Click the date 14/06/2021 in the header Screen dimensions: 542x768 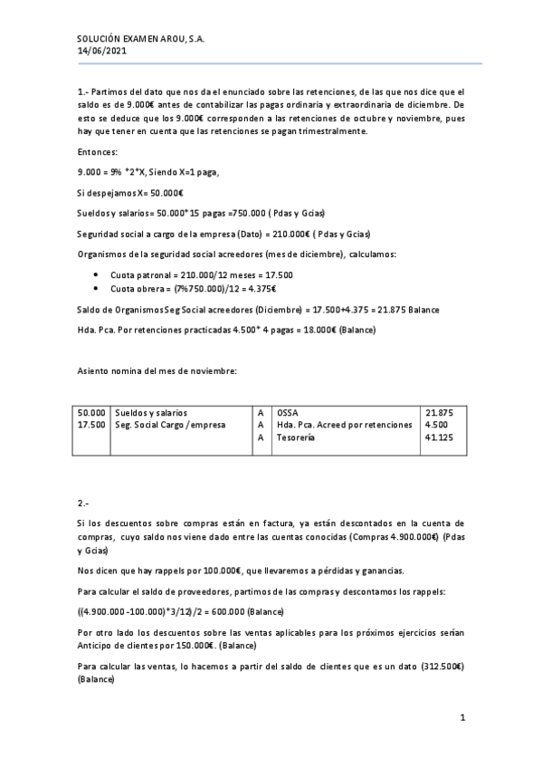(x=99, y=52)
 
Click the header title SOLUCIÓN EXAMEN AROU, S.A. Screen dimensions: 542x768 (x=140, y=39)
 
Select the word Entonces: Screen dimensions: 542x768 (x=98, y=151)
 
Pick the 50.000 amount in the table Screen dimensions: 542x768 (x=92, y=412)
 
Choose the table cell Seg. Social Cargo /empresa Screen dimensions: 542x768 (x=170, y=424)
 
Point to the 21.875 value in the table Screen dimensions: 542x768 (x=439, y=412)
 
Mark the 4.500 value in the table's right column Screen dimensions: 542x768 (x=435, y=424)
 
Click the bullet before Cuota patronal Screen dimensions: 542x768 (x=96, y=274)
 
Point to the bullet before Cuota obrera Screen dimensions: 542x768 (x=96, y=288)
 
